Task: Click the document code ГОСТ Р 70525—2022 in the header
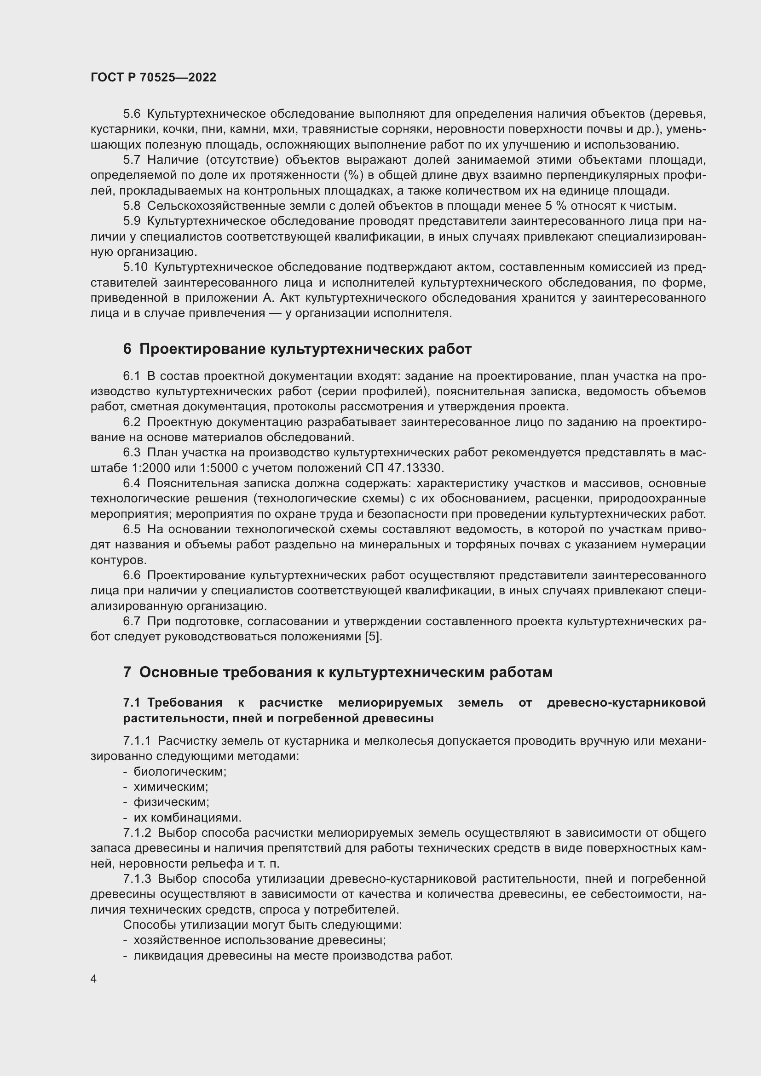click(x=153, y=78)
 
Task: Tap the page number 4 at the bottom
click(x=94, y=979)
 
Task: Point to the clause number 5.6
click(x=132, y=114)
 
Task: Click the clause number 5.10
click(x=135, y=268)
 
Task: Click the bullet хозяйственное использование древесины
click(x=259, y=941)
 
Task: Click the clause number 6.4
click(x=132, y=483)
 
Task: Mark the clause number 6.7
click(x=132, y=621)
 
